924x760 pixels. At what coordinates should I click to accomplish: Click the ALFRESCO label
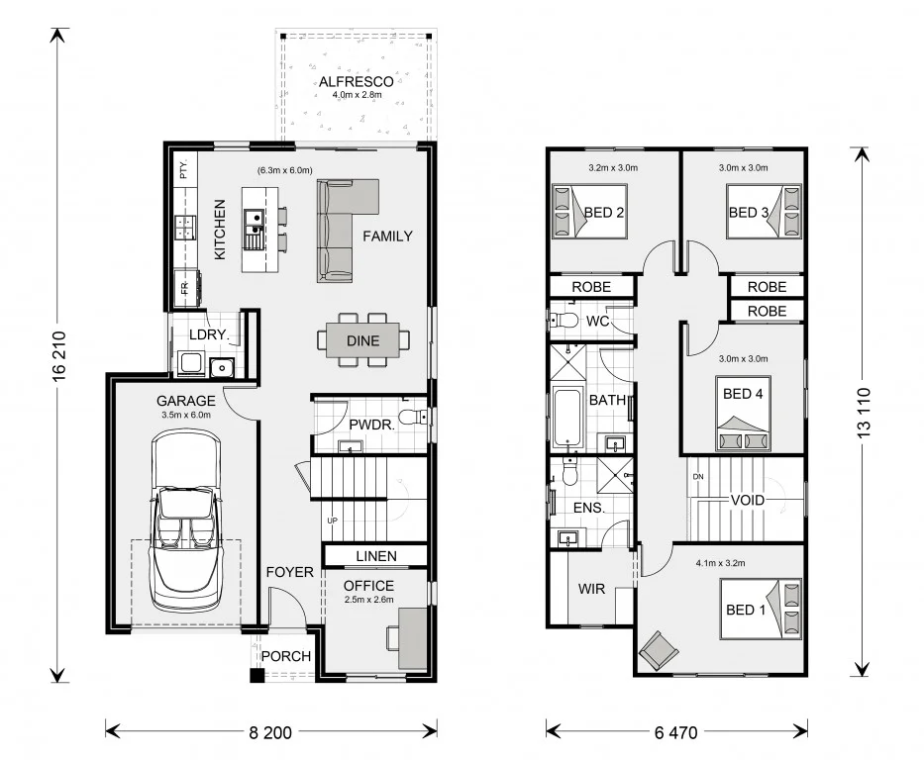(356, 81)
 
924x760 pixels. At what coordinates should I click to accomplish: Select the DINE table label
(362, 340)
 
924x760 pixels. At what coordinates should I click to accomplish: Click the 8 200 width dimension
(270, 733)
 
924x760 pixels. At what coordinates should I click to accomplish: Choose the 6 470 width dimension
(676, 733)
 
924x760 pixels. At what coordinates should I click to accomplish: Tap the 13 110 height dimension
(866, 410)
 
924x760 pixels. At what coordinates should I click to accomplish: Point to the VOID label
(747, 500)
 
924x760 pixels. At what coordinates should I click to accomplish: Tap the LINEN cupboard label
(375, 556)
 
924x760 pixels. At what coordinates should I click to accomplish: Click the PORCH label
(285, 656)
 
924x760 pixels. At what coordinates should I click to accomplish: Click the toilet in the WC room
(565, 321)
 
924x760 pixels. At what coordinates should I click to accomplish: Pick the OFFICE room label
(368, 586)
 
